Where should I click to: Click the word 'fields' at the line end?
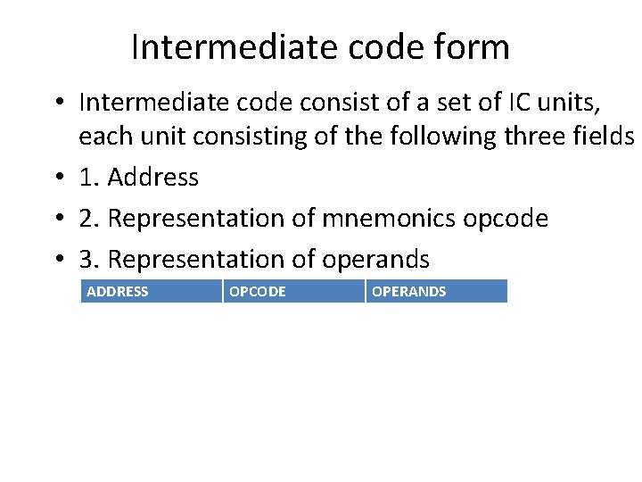pyautogui.click(x=605, y=137)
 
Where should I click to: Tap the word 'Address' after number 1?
pyautogui.click(x=152, y=178)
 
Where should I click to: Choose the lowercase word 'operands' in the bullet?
pyautogui.click(x=375, y=260)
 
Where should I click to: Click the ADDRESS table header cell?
pyautogui.click(x=152, y=291)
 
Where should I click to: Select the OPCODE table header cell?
pyautogui.click(x=294, y=291)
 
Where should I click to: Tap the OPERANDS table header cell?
pyautogui.click(x=436, y=291)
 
